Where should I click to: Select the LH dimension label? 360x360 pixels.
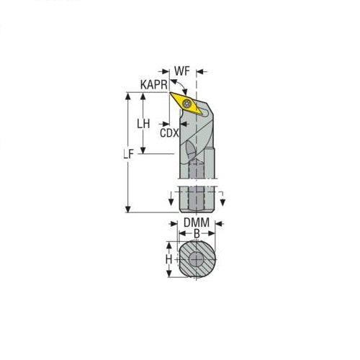143,123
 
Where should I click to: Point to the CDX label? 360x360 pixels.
168,133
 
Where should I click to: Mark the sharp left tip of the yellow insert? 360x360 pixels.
170,93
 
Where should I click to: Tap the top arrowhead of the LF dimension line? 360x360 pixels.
130,95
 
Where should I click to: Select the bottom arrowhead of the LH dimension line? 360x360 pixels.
143,152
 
